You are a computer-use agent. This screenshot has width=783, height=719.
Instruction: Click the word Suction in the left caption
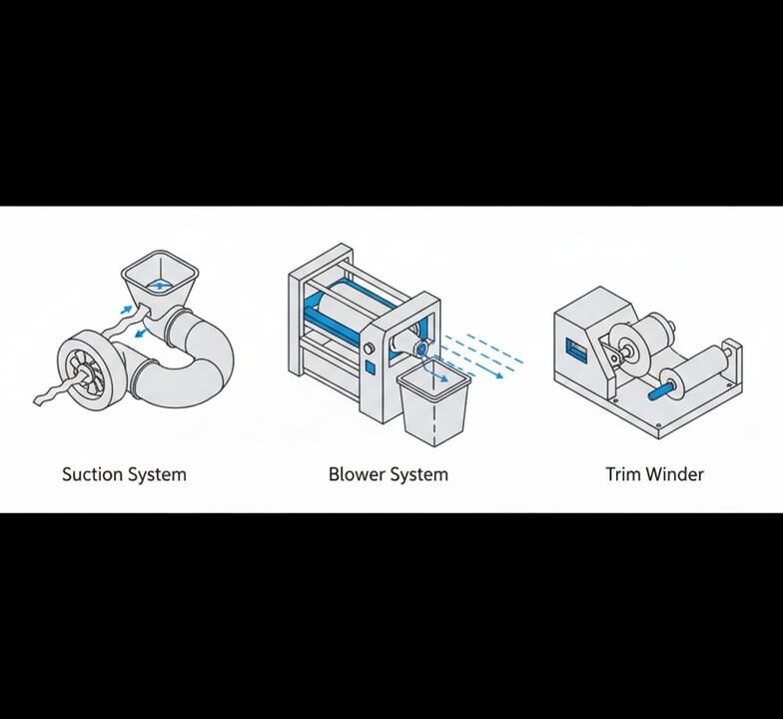92,473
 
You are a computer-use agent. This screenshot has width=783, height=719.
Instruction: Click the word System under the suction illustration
157,474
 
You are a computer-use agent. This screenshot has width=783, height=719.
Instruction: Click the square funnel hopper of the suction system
160,284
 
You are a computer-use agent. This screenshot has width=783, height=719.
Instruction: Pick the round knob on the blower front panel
370,348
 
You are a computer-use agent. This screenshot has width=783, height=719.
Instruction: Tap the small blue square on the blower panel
370,367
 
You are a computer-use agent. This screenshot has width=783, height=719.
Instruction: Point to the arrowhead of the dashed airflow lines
499,375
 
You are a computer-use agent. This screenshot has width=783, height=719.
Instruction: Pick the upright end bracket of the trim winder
732,363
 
